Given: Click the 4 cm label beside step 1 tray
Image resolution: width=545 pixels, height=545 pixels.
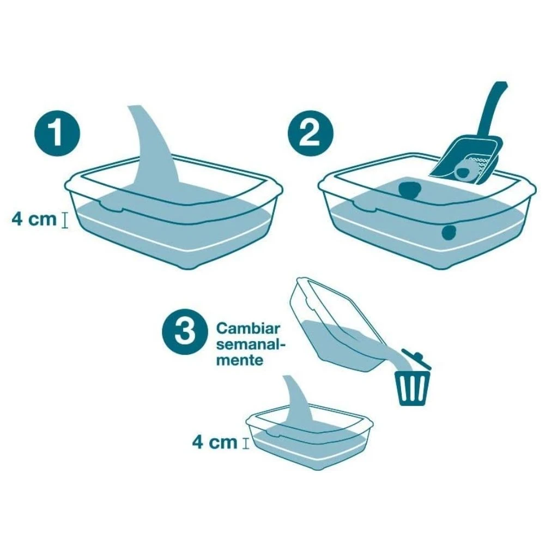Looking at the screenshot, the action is [34, 219].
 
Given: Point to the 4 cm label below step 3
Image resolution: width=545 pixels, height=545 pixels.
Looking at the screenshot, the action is [214, 443].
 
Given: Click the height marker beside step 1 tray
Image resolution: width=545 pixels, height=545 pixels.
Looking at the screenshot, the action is [64, 220].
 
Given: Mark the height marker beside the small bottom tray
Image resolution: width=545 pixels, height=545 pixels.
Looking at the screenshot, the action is [246, 444].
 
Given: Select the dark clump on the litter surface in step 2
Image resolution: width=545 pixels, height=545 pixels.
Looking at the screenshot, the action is [409, 190].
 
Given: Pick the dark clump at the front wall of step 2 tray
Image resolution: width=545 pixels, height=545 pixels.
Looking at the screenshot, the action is [449, 233].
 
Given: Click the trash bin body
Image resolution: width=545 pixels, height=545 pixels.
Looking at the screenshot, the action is [413, 388].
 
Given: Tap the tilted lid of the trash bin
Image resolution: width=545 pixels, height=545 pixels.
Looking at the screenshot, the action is [417, 359].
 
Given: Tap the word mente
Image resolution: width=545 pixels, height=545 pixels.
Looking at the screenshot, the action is [240, 360].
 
